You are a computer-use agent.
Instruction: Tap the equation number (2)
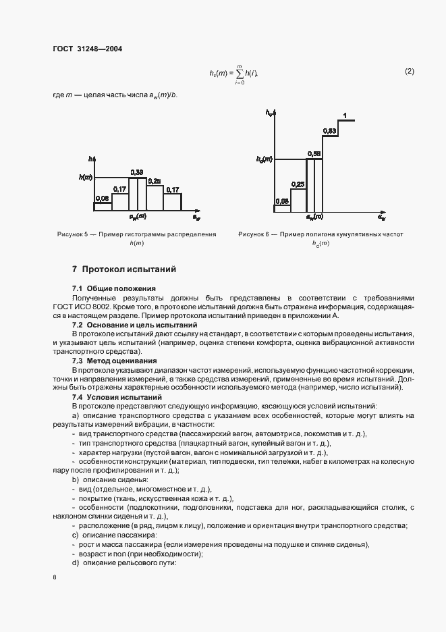click(409, 71)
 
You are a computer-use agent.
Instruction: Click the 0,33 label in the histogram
click(136, 172)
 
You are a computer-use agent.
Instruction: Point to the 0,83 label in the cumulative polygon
click(329, 130)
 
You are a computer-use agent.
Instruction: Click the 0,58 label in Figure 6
click(313, 154)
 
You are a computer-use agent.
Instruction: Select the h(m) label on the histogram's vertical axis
click(85, 177)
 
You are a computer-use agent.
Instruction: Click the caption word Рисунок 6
click(254, 234)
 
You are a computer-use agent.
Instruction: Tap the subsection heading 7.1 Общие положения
click(105, 288)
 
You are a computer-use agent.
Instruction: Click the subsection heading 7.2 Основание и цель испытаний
click(130, 325)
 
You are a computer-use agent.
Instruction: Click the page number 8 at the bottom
click(55, 577)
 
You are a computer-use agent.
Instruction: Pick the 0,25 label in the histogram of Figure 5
click(154, 181)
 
